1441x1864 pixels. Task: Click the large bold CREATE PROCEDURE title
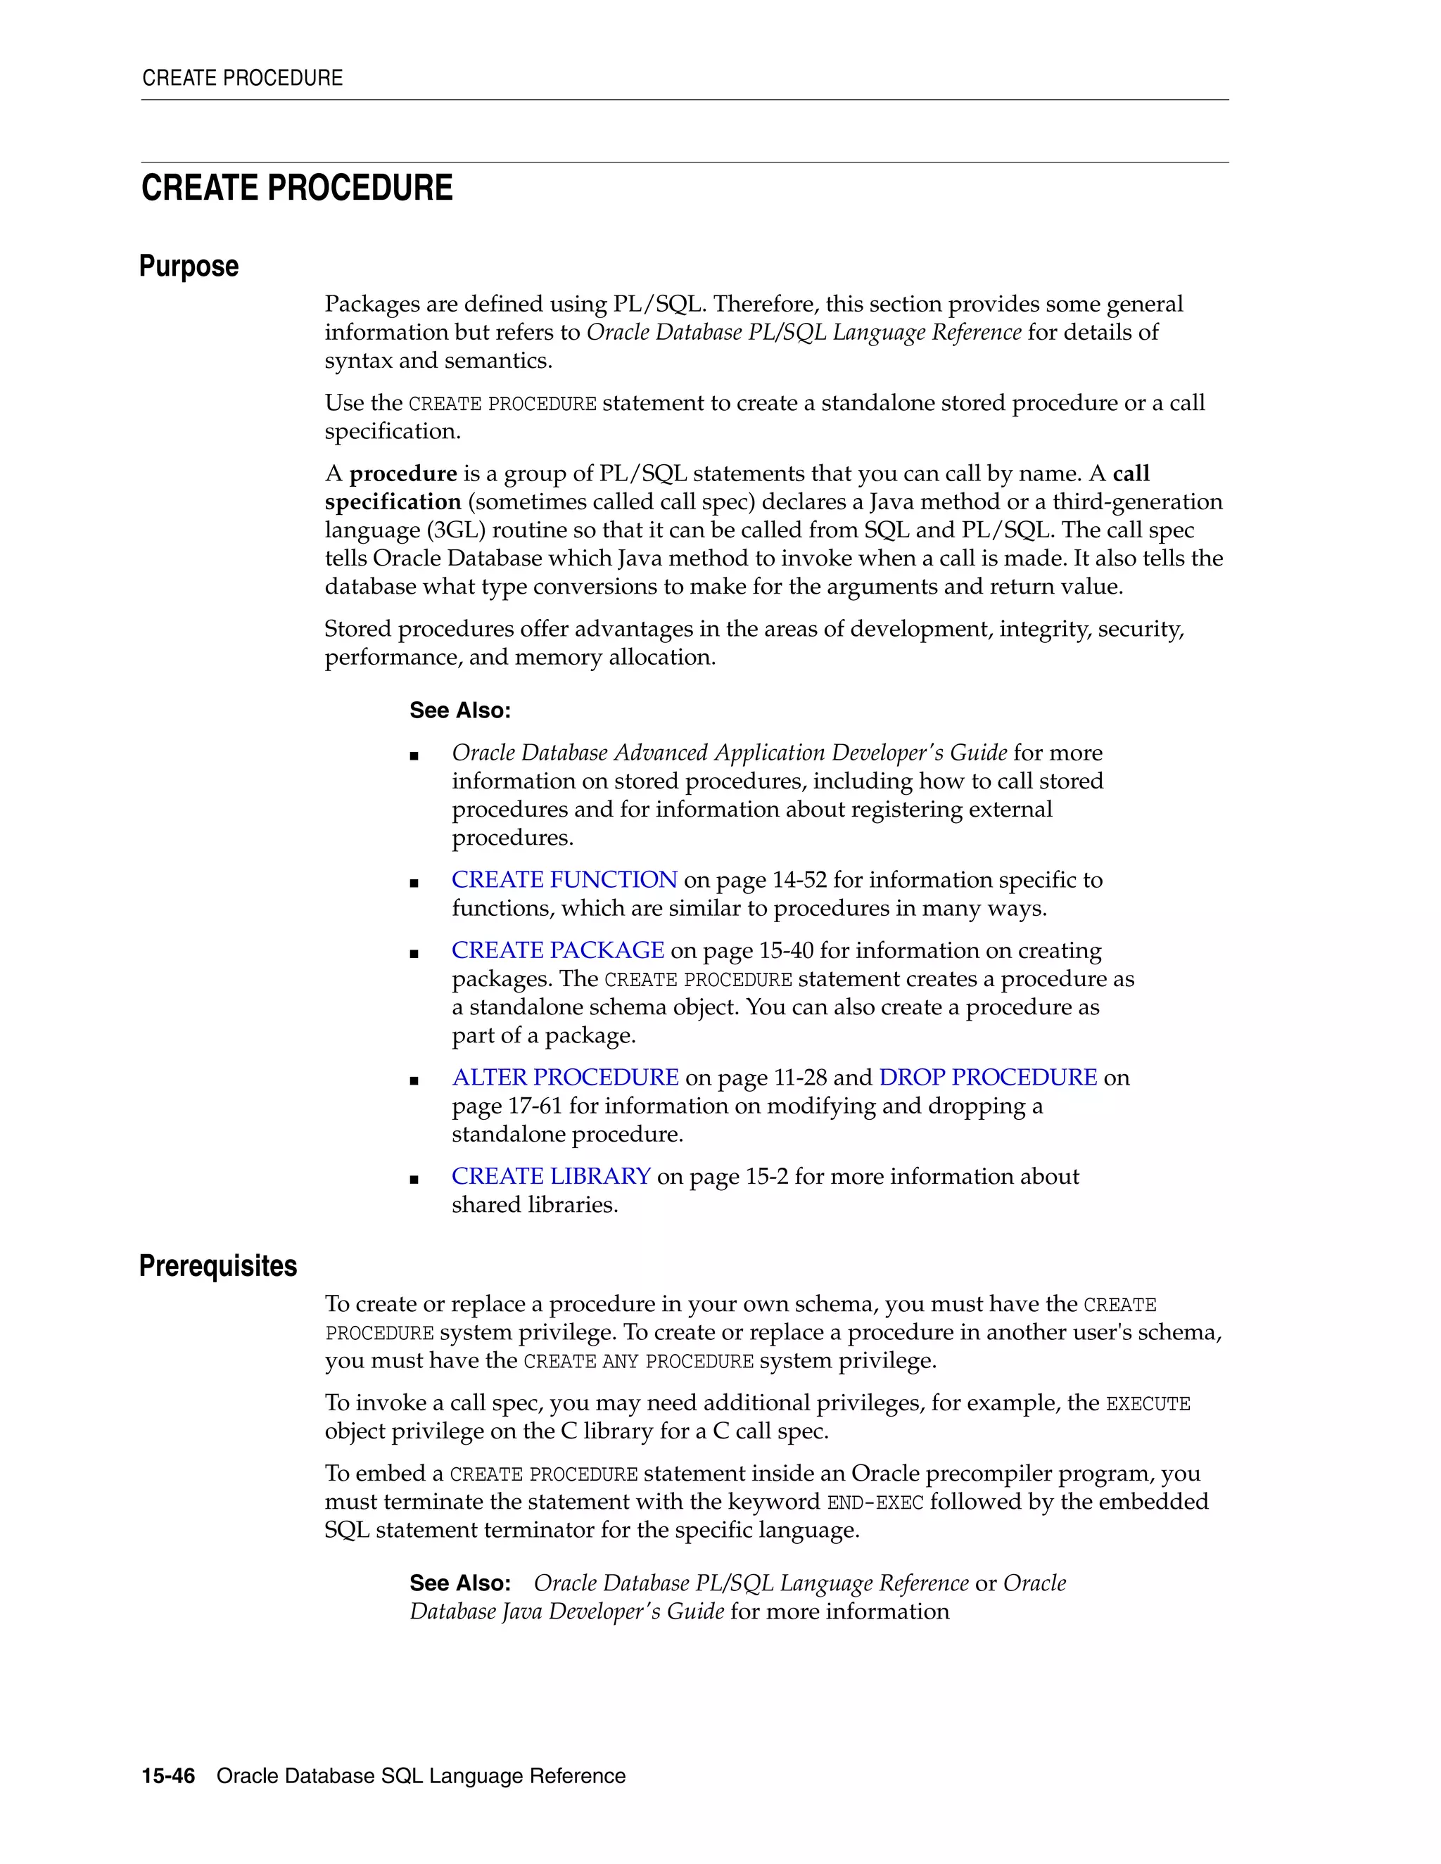pos(296,188)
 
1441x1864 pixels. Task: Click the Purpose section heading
pos(189,267)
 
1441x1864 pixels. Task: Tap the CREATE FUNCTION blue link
pos(564,880)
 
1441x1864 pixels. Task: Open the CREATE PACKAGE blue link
pos(557,951)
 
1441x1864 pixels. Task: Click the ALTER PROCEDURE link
pos(565,1078)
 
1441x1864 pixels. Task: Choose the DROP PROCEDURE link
pos(988,1078)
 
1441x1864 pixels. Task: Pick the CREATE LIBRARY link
pos(551,1177)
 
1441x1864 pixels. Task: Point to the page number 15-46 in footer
pos(168,1776)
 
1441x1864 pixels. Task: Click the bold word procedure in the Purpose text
pos(403,473)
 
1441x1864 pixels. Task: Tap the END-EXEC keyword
pos(875,1503)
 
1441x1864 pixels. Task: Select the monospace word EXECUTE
pos(1148,1405)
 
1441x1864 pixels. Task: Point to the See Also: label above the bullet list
pos(460,710)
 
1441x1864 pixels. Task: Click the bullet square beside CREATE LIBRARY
pos(414,1180)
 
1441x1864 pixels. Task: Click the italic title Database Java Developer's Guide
pos(567,1611)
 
